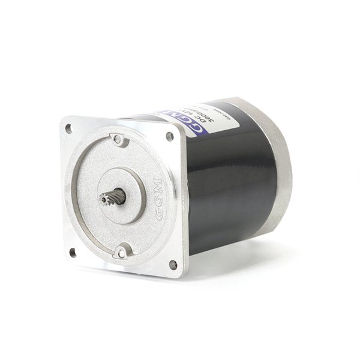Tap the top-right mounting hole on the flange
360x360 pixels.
170,136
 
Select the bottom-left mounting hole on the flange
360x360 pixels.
73,252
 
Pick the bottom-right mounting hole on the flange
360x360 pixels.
173,264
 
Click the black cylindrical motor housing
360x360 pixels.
234,186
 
